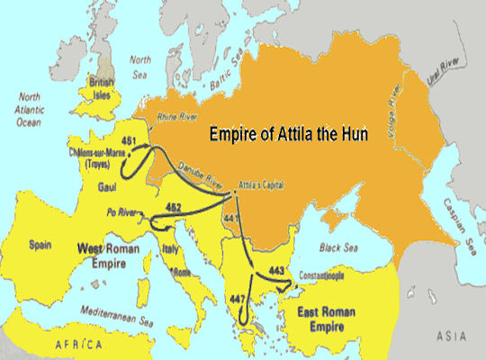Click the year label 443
[276, 270]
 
